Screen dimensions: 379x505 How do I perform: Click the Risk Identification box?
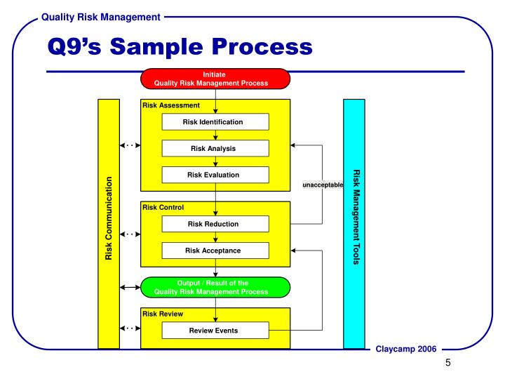coord(215,121)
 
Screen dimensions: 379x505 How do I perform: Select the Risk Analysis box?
coord(215,148)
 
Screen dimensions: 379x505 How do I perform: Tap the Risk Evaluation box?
coord(215,175)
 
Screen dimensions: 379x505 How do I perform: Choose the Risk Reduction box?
coord(215,224)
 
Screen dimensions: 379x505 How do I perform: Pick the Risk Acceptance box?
coord(215,251)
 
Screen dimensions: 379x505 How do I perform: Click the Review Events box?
coord(215,330)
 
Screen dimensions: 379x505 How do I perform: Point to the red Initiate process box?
coord(215,78)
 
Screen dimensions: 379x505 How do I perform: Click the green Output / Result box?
coord(215,287)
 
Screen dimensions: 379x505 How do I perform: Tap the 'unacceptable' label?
coord(323,185)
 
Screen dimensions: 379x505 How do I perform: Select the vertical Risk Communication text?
coord(109,218)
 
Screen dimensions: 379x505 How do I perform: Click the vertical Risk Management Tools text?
coord(355,218)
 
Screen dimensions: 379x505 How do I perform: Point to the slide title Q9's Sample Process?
coord(179,47)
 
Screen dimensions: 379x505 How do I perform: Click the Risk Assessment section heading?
coord(171,105)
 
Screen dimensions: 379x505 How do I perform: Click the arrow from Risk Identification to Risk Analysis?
coord(215,135)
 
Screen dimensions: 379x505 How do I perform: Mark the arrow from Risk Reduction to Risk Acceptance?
coord(215,238)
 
